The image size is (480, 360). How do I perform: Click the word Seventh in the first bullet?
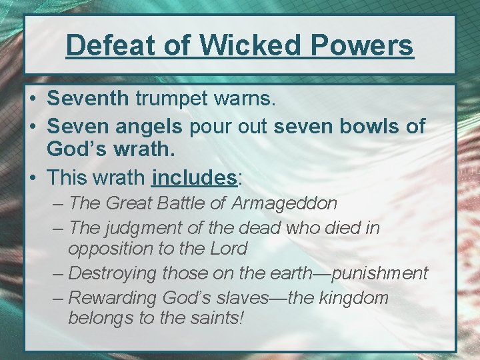[87, 99]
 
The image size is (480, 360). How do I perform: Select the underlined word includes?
[194, 177]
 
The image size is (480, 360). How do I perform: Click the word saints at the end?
[215, 318]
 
